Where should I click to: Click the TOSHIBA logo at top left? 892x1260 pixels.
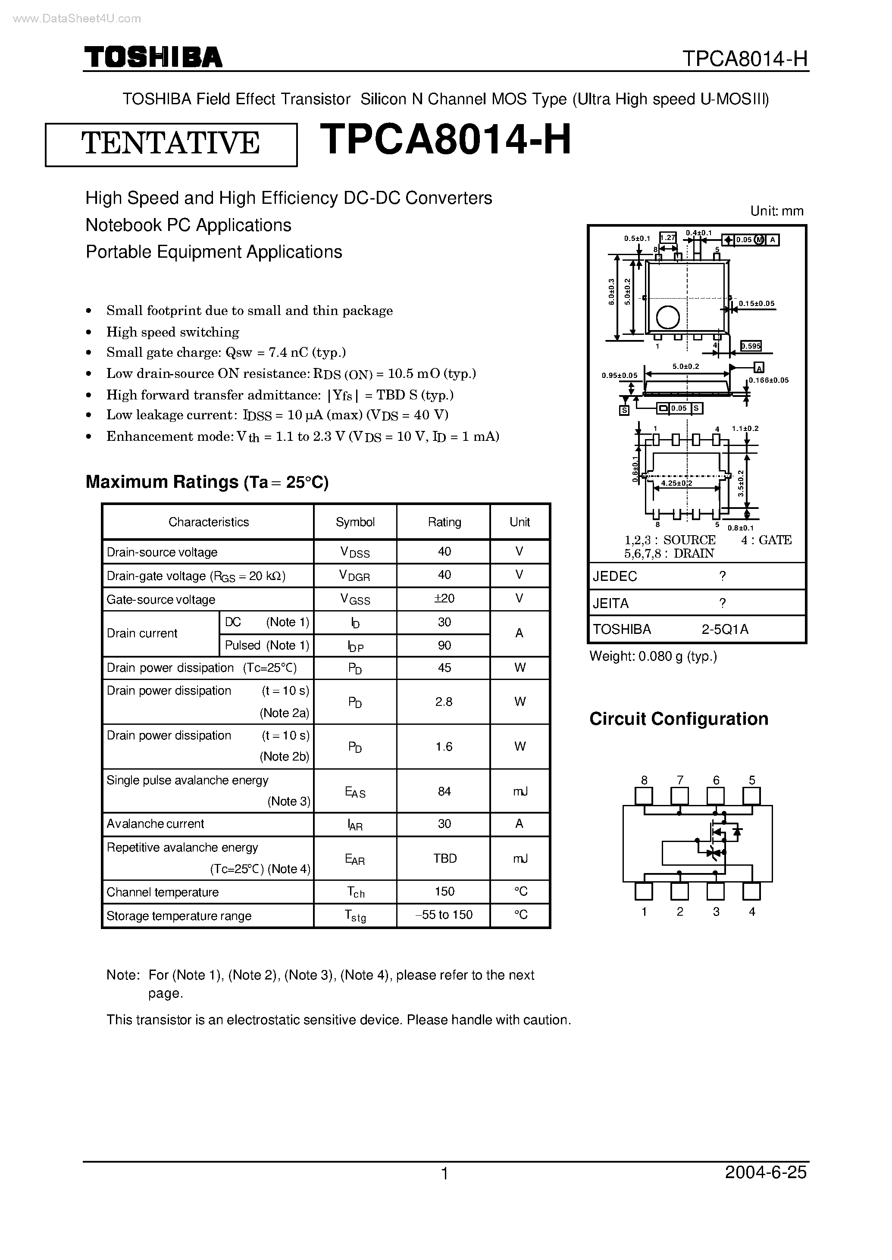coord(153,57)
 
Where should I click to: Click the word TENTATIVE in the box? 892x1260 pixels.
coord(171,143)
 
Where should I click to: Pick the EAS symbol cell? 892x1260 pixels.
coord(355,791)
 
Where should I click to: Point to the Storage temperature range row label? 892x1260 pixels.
coord(178,916)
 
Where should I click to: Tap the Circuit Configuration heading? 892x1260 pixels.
coord(678,719)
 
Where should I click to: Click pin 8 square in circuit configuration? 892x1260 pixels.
coord(644,796)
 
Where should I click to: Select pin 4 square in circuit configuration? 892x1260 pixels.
coord(751,891)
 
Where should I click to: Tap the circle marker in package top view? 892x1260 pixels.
coord(668,317)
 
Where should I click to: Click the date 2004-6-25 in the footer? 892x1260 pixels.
coord(765,1173)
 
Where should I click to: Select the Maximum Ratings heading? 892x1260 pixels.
coord(207,481)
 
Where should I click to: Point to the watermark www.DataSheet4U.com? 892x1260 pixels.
coord(76,19)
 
